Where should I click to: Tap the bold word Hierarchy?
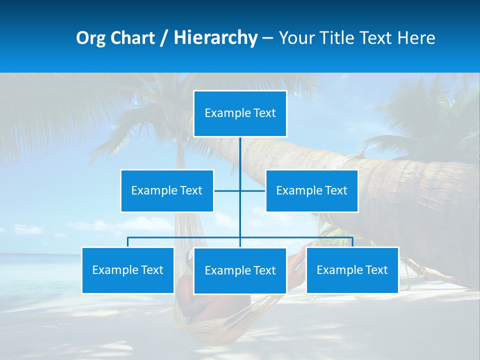(x=215, y=38)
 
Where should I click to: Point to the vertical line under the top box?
(x=240, y=155)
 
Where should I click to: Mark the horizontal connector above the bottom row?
(x=185, y=237)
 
